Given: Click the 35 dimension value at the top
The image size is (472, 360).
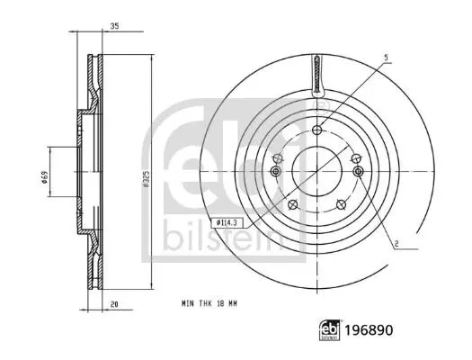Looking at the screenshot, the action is pyautogui.click(x=114, y=26).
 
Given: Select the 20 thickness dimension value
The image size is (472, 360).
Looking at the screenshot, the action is pyautogui.click(x=114, y=304).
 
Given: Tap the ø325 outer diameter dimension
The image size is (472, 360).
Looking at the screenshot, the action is pyautogui.click(x=146, y=179).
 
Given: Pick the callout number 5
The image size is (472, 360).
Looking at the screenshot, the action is pyautogui.click(x=387, y=58).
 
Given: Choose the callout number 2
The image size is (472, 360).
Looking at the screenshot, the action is pyautogui.click(x=396, y=244).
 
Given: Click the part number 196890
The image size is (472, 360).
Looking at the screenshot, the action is pyautogui.click(x=369, y=330).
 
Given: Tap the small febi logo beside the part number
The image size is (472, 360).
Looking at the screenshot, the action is pyautogui.click(x=329, y=330).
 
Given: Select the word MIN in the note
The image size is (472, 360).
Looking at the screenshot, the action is pyautogui.click(x=188, y=303).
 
